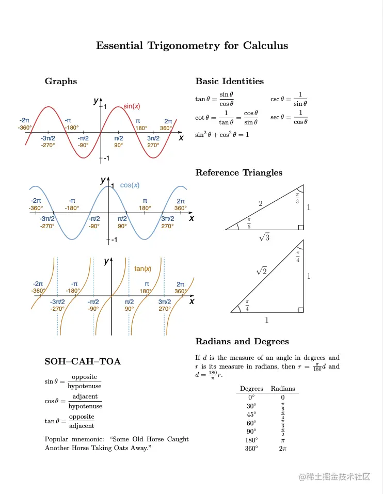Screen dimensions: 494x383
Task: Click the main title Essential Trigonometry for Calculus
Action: pos(191,46)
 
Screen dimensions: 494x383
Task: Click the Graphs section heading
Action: pos(61,81)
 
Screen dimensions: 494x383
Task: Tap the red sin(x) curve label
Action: pos(132,106)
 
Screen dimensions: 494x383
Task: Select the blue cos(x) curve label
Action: pos(130,185)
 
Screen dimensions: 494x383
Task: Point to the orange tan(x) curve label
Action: pos(143,268)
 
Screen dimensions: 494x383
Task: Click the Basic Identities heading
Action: pos(229,81)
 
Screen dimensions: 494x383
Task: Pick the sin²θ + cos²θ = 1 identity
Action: pos(222,135)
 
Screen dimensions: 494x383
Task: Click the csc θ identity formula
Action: pos(289,99)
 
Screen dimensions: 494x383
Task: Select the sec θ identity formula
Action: pos(289,117)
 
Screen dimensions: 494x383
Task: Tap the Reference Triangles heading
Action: pos(238,172)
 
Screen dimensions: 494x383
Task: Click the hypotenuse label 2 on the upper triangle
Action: pos(261,204)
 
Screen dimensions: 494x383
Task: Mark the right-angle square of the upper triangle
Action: pos(301,227)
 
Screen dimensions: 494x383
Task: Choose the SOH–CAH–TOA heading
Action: pos(83,361)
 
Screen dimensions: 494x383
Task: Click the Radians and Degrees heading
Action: pos(242,341)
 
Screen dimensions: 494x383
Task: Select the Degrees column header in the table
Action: pos(251,389)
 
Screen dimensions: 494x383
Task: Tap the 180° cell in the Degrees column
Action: pos(251,440)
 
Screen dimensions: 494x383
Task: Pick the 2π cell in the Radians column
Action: pos(283,449)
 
